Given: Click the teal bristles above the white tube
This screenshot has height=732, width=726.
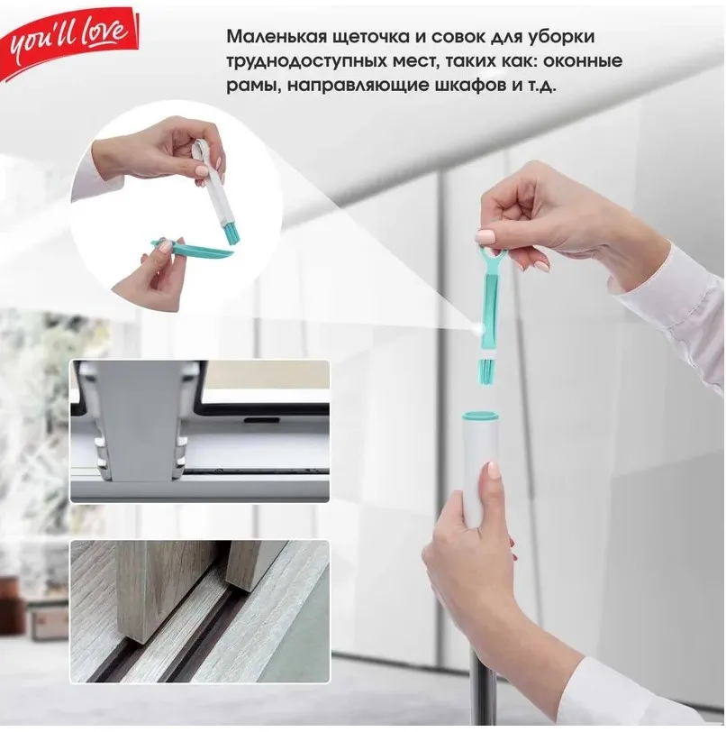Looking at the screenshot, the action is coord(486,371).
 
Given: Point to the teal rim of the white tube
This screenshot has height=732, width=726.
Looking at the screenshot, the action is coord(481,414).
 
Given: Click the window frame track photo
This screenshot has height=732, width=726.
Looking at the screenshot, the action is coord(200,431).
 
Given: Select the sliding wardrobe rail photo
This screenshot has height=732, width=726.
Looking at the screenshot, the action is coord(200,611).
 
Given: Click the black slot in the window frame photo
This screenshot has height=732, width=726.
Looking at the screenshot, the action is coord(262,420).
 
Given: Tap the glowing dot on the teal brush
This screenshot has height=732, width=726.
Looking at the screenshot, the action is coord(478,331).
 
